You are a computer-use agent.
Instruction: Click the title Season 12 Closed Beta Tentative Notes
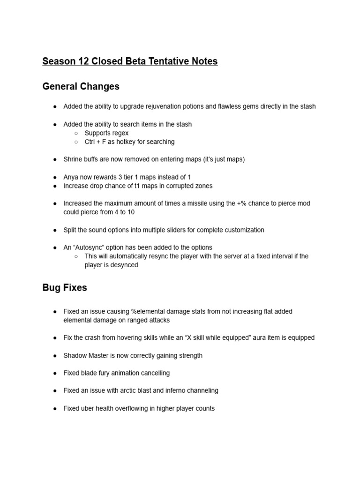[130, 61]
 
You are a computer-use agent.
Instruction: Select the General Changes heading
[81, 87]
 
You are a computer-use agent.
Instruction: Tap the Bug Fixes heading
[65, 288]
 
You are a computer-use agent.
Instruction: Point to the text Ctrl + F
[95, 142]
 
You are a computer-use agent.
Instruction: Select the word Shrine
[73, 159]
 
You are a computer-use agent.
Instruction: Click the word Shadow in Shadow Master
[75, 356]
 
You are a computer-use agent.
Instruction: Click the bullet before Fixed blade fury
[55, 373]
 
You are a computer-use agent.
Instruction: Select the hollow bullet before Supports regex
[76, 133]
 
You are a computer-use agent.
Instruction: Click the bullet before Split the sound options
[55, 230]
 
